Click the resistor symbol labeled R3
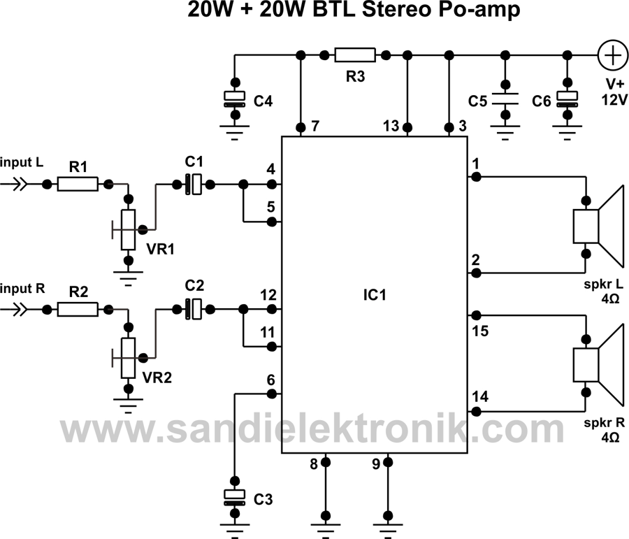355,55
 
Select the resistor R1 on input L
78,185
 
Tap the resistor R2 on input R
77,308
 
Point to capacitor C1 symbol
194,185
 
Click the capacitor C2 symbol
194,308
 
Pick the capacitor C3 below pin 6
235,497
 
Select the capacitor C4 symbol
235,99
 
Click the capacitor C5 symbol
504,99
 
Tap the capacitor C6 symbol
567,99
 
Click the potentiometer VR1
128,229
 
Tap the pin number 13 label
391,126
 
